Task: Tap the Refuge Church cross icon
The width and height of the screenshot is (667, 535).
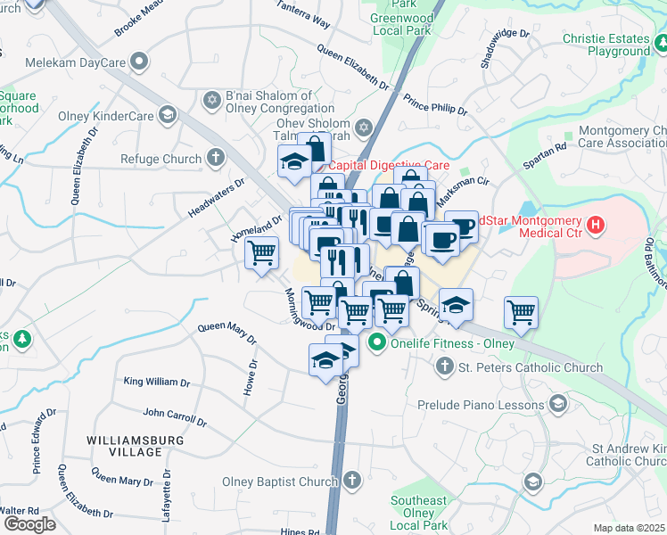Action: coord(215,160)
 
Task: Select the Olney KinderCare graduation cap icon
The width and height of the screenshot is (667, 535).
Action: coord(167,114)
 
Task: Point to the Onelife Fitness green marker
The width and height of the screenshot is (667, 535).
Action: coord(377,342)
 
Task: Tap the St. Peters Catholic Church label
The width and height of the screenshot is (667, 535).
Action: coord(530,366)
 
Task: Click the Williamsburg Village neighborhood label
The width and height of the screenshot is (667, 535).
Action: coord(136,446)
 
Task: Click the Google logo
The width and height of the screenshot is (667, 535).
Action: coord(29,524)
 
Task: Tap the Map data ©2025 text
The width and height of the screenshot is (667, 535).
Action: coord(629,528)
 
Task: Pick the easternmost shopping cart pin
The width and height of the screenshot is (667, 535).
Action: coord(521,312)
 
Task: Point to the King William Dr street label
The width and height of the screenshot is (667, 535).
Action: coord(156,382)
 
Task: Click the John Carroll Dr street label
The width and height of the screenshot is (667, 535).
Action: coord(175,416)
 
